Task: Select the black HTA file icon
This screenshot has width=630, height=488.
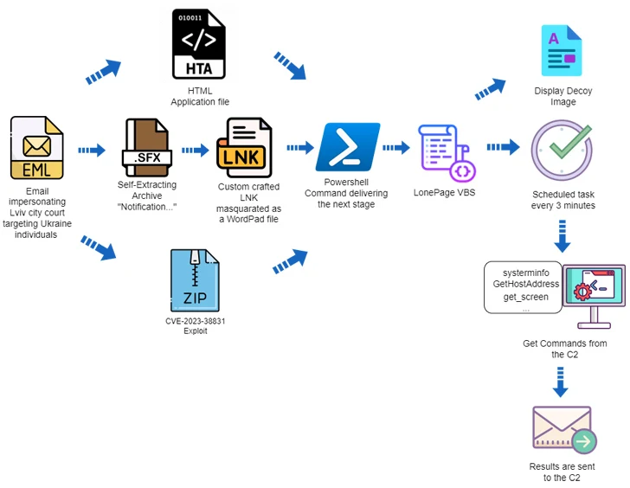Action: coord(198,43)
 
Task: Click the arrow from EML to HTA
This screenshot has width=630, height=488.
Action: coord(105,73)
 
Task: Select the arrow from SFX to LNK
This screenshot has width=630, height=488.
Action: coord(196,150)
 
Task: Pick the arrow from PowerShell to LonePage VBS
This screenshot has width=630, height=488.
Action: coord(395,149)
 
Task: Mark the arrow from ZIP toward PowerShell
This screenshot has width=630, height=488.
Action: coord(291,259)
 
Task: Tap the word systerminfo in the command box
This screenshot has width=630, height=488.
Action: coord(526,271)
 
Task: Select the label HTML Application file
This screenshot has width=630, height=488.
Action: coord(198,97)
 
